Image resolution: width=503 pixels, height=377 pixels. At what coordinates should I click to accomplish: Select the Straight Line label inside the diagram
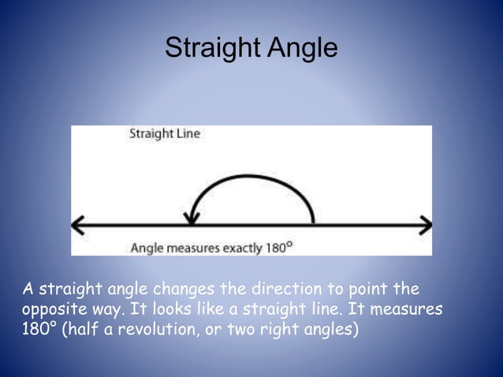[165, 134]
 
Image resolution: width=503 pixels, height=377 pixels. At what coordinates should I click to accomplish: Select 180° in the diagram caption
[278, 247]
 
